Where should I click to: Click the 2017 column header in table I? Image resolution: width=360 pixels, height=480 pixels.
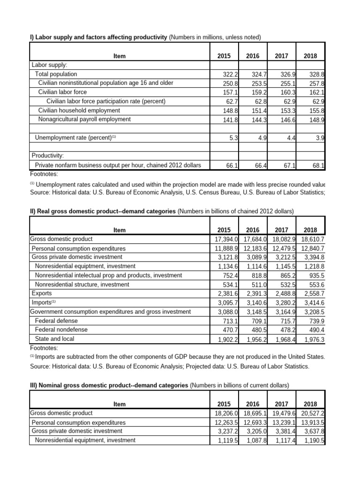pos(281,56)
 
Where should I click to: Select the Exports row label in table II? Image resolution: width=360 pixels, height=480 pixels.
pos(42,293)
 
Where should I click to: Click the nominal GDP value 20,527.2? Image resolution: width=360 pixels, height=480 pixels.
pos(312,413)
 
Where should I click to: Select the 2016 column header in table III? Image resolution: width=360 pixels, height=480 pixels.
pos(253,404)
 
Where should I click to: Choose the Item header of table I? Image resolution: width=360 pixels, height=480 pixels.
pos(120,56)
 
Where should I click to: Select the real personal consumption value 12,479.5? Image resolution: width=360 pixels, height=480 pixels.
pos(283,248)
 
